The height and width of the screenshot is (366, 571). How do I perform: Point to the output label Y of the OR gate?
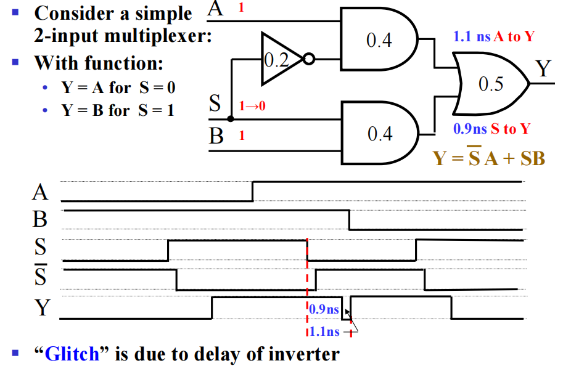[542, 69]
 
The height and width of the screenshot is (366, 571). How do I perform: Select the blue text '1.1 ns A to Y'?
[493, 36]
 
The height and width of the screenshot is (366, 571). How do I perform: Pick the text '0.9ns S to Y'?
[491, 129]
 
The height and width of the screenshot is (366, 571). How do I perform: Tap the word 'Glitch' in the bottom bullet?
[72, 354]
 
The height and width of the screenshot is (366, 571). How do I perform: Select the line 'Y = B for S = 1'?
[117, 111]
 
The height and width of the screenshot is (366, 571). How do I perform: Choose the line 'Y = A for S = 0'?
[118, 87]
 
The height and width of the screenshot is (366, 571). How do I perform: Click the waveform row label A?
[40, 193]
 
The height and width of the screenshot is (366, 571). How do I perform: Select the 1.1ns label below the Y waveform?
[323, 331]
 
